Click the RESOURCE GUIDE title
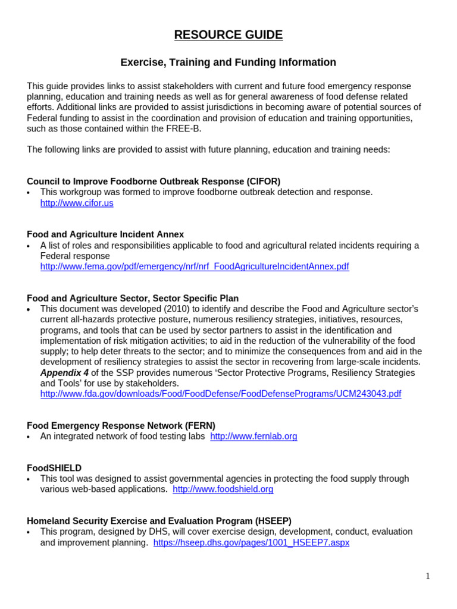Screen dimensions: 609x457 (x=228, y=35)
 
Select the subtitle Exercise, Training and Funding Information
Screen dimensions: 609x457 (x=228, y=62)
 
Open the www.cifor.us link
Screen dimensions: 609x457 (x=77, y=203)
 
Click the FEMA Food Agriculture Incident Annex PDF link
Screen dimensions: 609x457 (x=195, y=266)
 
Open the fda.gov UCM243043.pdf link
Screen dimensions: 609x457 (x=221, y=394)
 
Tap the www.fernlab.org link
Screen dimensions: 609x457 (x=253, y=436)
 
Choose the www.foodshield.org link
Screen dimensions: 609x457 (x=223, y=489)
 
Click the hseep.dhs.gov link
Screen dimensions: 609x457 (x=251, y=542)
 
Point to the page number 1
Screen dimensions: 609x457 (x=427, y=576)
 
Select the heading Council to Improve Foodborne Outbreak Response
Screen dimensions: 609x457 (x=154, y=181)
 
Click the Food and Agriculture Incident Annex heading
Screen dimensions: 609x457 (x=105, y=234)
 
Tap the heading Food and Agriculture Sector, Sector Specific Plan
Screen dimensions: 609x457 (x=133, y=298)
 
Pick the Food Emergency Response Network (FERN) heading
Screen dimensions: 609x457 (x=121, y=425)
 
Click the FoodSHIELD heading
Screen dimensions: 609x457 (x=54, y=468)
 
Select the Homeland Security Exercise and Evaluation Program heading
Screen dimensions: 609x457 (x=159, y=521)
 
